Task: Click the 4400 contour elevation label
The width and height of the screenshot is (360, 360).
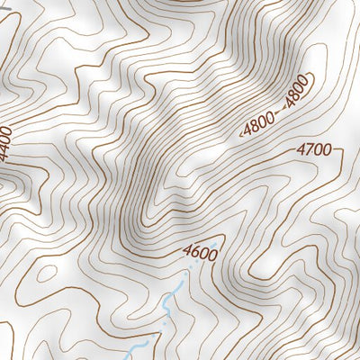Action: tap(6, 144)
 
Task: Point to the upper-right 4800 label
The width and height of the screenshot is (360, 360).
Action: tap(297, 93)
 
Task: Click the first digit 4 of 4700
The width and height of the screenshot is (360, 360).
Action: tap(301, 150)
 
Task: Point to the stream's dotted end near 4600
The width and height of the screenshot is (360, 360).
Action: tap(189, 270)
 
